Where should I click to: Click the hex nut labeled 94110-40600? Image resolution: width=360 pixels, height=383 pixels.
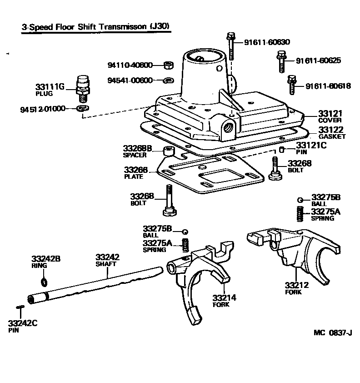[x=166, y=66]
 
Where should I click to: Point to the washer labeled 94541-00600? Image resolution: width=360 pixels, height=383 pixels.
[x=167, y=81]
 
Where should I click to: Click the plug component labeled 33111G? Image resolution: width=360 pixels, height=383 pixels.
[x=82, y=89]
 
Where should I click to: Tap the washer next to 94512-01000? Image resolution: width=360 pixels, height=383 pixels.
[x=82, y=109]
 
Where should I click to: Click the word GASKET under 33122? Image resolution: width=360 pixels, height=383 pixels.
[x=332, y=136]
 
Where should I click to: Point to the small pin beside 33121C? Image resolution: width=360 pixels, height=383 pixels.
[x=282, y=150]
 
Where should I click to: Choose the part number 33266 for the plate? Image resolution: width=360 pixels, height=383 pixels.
[x=136, y=170]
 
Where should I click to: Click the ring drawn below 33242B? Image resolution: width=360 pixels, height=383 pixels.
[x=43, y=282]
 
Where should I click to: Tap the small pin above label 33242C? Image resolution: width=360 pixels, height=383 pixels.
[x=20, y=308]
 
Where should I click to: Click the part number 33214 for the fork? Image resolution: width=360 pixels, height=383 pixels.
[x=224, y=298]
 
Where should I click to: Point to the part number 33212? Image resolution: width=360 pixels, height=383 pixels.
[x=297, y=285]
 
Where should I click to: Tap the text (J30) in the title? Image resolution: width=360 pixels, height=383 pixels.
[x=160, y=27]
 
